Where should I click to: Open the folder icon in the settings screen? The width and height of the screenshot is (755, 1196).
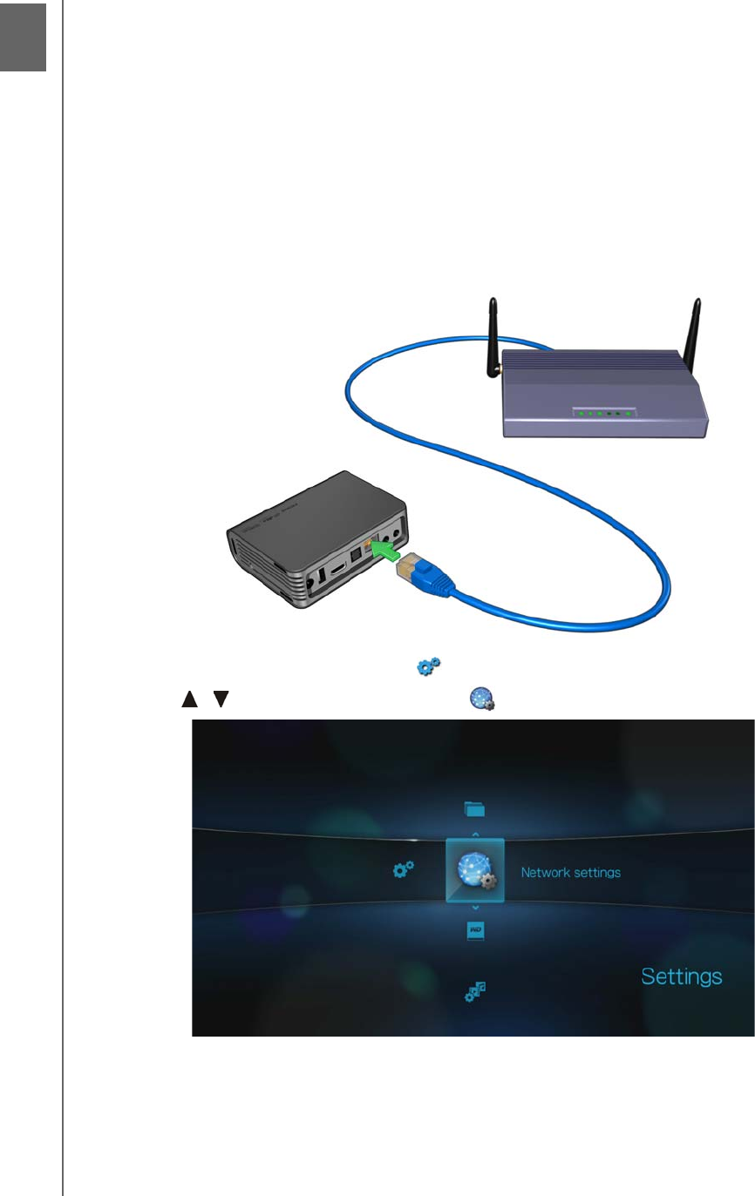[x=474, y=809]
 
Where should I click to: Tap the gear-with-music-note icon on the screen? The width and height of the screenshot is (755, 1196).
[x=475, y=990]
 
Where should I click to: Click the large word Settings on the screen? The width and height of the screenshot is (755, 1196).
[x=682, y=976]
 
